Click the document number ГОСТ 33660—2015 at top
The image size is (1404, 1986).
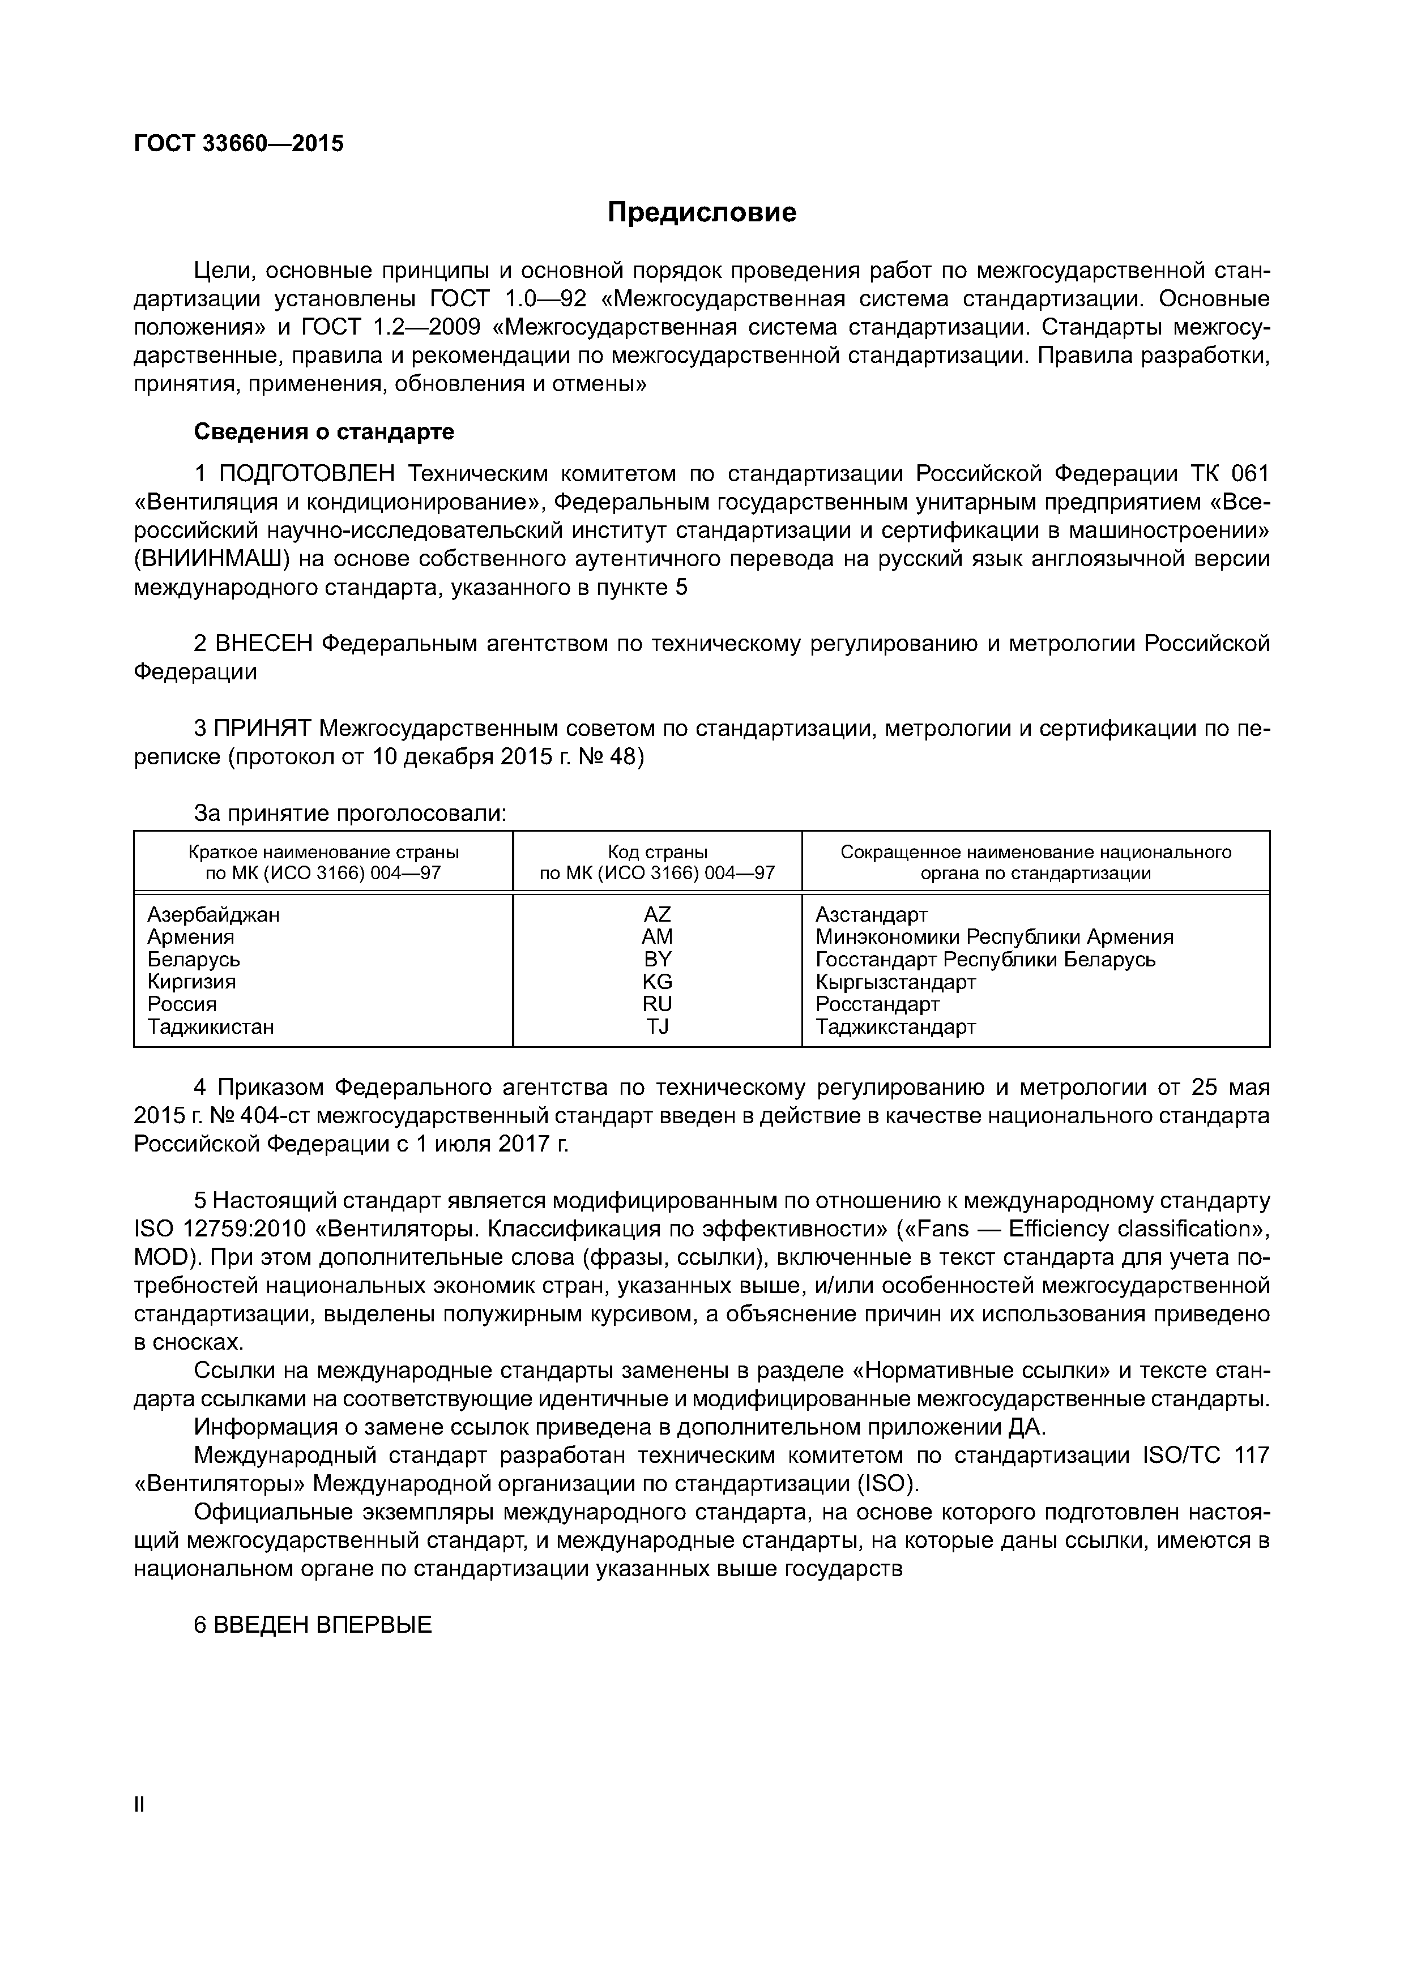[239, 144]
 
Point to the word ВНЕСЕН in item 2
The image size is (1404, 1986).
[264, 644]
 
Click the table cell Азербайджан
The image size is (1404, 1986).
[213, 914]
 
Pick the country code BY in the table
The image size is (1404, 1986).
[658, 959]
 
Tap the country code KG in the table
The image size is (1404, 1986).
[658, 982]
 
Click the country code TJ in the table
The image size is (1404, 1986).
[658, 1027]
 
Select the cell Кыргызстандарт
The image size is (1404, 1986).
[895, 982]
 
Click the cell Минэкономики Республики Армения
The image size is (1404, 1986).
[994, 937]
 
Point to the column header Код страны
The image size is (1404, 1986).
[658, 852]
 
